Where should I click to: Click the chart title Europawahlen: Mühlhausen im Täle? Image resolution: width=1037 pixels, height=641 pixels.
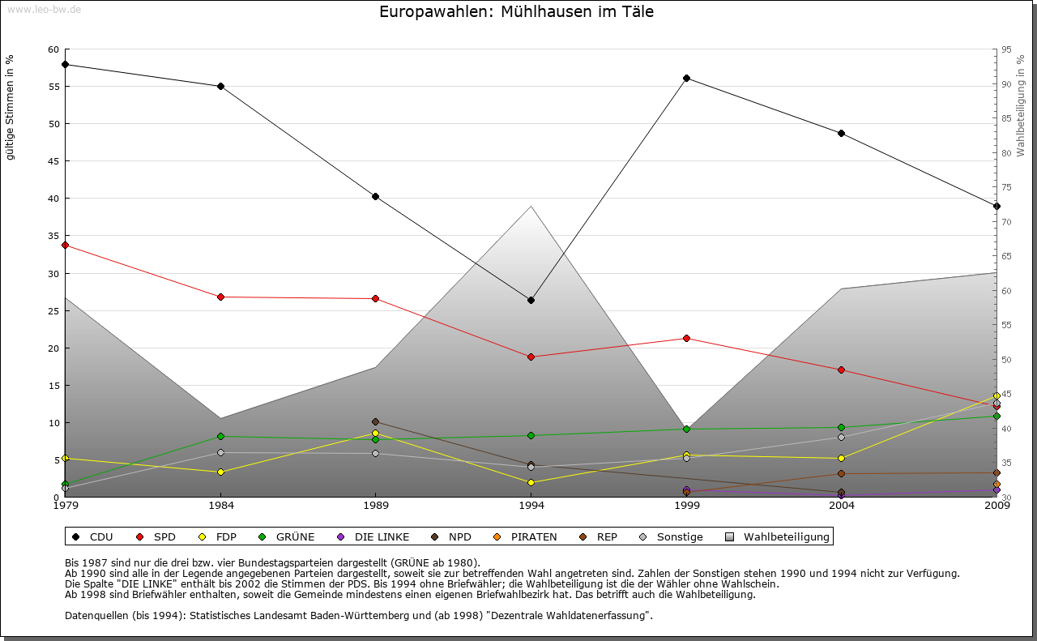[516, 12]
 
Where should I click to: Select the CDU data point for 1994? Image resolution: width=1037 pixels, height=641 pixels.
[531, 301]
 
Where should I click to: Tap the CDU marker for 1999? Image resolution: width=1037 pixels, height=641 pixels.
[686, 79]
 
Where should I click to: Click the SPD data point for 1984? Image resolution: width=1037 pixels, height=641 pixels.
[220, 297]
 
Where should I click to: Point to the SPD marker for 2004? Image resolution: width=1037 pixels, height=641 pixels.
[842, 370]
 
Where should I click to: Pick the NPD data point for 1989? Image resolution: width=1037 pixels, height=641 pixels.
[375, 421]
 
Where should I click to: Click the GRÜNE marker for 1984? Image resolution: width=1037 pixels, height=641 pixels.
[220, 436]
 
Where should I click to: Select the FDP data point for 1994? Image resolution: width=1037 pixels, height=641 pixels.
[531, 482]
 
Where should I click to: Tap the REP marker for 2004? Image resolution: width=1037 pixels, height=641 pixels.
[842, 473]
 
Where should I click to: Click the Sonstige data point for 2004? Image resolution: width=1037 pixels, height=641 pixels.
[842, 437]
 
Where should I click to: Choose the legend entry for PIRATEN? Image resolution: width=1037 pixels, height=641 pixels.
[526, 536]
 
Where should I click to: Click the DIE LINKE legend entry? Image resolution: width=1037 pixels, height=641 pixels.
[373, 536]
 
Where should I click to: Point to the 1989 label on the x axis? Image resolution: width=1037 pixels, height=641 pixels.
[375, 506]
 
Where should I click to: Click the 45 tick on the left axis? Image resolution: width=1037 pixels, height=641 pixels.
[53, 161]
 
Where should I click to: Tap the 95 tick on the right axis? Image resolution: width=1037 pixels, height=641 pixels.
[1005, 49]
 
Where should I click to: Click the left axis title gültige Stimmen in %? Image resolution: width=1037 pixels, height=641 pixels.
[10, 107]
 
